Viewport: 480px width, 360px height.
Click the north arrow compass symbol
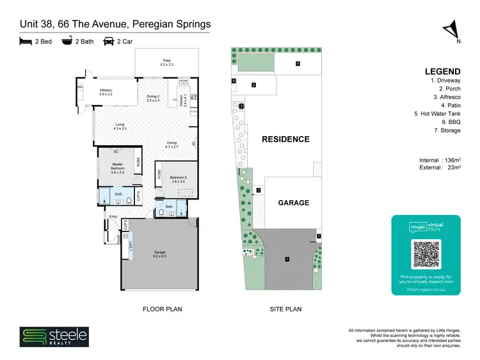pos(452,31)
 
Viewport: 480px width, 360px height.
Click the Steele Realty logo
pos(54,337)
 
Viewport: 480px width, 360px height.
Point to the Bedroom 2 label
pos(177,180)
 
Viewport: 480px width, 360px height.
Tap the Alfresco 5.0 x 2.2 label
pos(106,91)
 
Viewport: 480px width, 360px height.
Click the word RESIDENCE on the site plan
pos(285,139)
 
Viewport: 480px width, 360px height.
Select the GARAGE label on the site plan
pos(293,203)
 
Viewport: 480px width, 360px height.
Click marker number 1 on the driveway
pos(287,259)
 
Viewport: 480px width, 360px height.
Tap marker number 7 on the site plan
pos(319,237)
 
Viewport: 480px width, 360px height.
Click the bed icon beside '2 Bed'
pos(25,42)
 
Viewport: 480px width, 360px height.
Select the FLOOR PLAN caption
pos(162,309)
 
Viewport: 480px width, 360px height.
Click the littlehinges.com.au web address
pos(426,288)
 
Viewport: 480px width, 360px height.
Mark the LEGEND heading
pos(442,71)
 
